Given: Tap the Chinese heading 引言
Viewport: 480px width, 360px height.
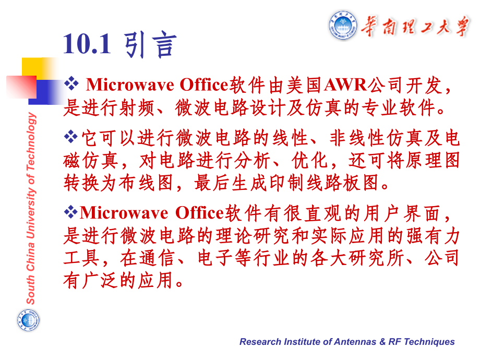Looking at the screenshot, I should tap(151, 45).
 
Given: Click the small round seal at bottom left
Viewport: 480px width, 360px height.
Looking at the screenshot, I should tap(28, 319).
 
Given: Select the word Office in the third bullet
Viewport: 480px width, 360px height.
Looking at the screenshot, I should tap(199, 212).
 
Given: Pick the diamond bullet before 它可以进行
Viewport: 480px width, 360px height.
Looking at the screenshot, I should tap(70, 137).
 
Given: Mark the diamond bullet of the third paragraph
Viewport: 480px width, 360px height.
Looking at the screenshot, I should tap(70, 212).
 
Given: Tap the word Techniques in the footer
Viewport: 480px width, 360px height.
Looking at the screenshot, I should tap(428, 342).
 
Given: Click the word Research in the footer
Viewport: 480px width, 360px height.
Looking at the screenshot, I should tap(260, 342).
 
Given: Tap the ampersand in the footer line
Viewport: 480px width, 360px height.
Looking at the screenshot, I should tap(382, 342).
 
